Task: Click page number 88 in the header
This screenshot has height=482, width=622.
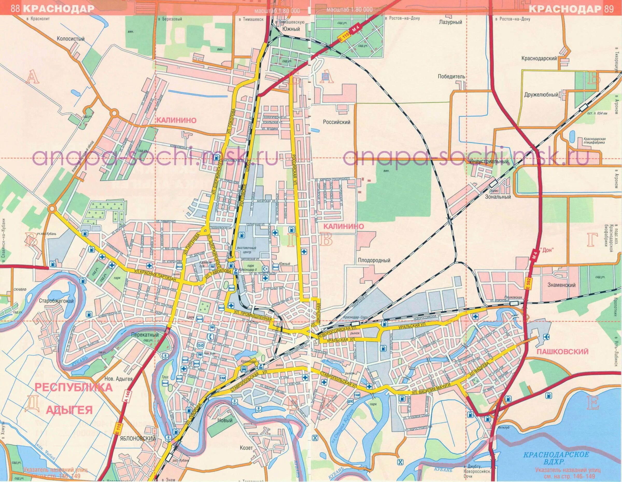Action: [15, 9]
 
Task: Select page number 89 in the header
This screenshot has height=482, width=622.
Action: [607, 9]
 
